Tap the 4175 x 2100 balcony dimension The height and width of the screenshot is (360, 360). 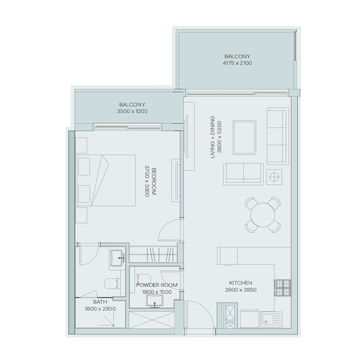click(x=237, y=63)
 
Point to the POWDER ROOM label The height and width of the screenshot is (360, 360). click(x=156, y=285)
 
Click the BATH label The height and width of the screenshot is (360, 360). click(x=100, y=302)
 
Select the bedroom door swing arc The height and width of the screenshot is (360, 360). click(x=169, y=230)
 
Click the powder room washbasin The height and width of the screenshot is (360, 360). click(x=156, y=300)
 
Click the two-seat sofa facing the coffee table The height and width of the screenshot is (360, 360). click(x=243, y=172)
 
